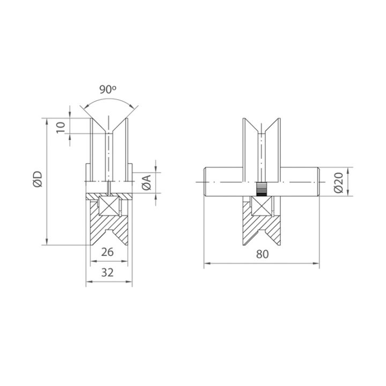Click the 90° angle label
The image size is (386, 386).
click(108, 90)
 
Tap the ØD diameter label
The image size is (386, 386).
click(39, 179)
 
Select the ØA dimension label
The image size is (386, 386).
click(147, 183)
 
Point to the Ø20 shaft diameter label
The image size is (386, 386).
click(338, 182)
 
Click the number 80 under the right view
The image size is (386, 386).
click(262, 254)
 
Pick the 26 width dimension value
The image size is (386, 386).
click(108, 252)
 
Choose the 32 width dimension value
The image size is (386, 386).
click(108, 272)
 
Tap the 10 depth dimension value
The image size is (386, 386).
click(61, 128)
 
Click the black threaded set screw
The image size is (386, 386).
click(262, 189)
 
